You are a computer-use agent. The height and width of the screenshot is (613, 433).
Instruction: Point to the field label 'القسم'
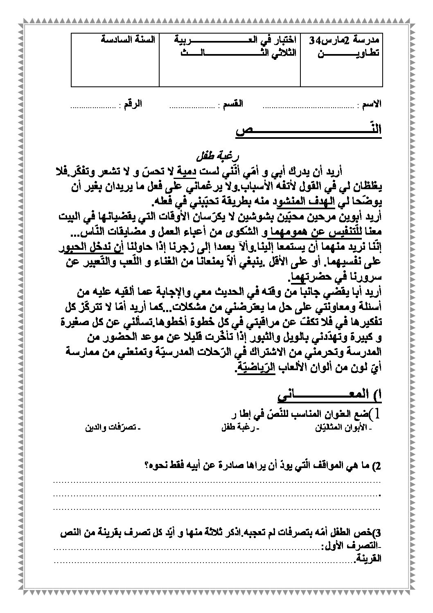click(232, 104)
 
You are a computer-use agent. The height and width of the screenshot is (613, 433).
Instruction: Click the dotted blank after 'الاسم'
click(307, 106)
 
